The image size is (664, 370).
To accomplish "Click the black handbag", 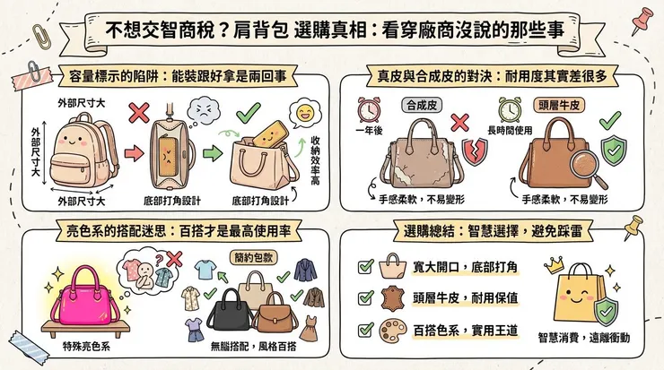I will (x=231, y=308).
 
